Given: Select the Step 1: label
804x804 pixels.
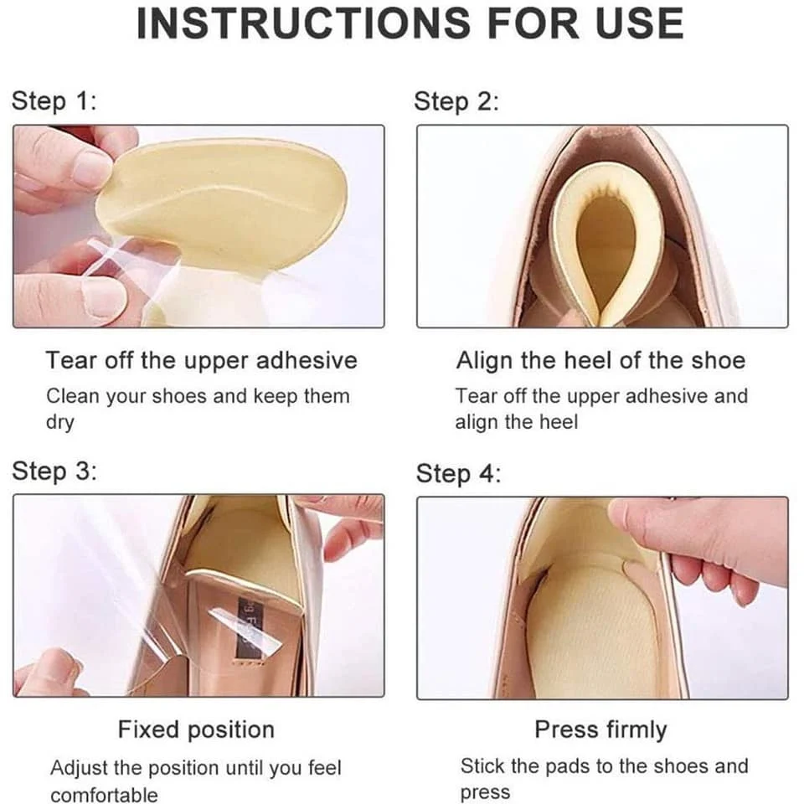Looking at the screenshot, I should pyautogui.click(x=54, y=101).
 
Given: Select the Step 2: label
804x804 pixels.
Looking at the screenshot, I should pyautogui.click(x=456, y=102).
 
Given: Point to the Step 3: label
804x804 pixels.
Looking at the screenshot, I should pyautogui.click(x=54, y=471).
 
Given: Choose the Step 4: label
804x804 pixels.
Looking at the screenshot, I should pyautogui.click(x=458, y=473).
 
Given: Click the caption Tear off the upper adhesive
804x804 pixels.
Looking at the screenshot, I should pyautogui.click(x=201, y=361).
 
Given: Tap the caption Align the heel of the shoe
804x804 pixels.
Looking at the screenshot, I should pyautogui.click(x=600, y=361).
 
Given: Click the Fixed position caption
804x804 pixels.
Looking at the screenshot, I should pyautogui.click(x=196, y=729).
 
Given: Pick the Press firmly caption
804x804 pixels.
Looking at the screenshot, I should pyautogui.click(x=600, y=729).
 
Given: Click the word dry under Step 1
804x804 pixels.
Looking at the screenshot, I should pyautogui.click(x=59, y=423).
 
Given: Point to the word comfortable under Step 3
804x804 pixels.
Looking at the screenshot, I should pyautogui.click(x=104, y=794).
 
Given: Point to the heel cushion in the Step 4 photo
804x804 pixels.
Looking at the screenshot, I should pyautogui.click(x=590, y=624).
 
